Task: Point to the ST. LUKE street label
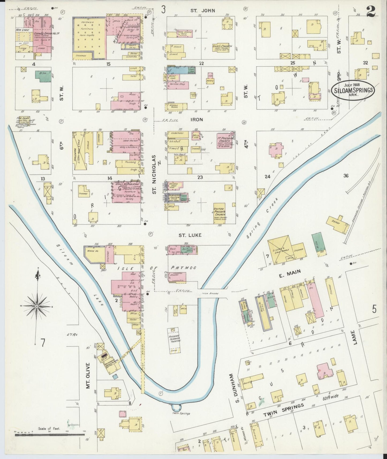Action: click(190, 235)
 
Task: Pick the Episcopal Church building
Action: click(222, 47)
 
